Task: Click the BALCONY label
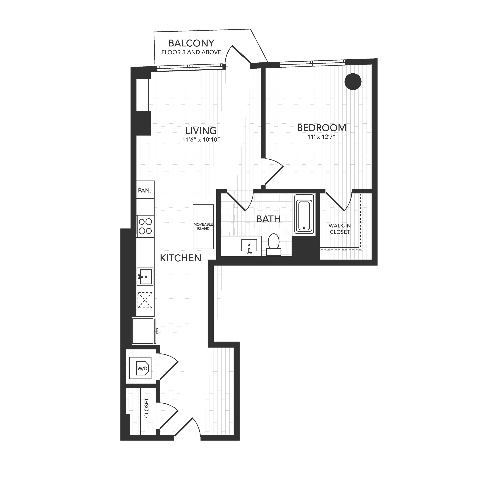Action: pos(191,43)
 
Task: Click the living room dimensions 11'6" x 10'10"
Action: pos(201,140)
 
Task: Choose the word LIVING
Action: pos(201,131)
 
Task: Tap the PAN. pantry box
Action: pos(145,190)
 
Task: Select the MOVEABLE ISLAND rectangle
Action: pos(203,227)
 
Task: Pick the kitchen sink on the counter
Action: pos(145,277)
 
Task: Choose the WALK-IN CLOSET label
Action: pos(340,229)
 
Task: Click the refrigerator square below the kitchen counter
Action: pos(143,331)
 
